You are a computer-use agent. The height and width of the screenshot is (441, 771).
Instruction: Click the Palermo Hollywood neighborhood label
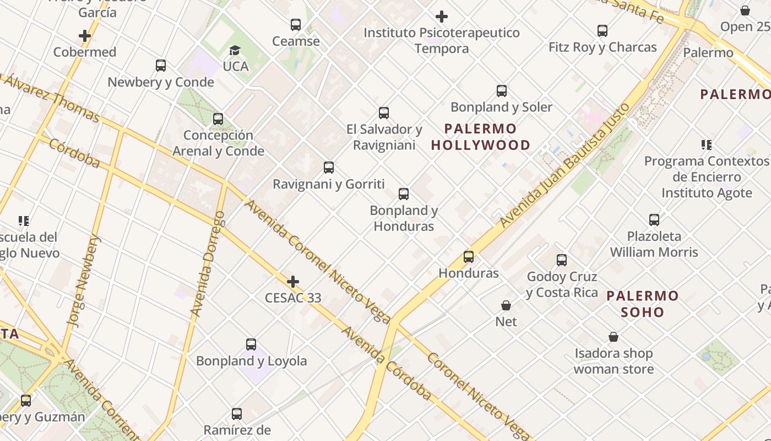coord(480,137)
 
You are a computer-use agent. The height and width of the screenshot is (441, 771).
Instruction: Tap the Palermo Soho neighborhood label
coord(642,304)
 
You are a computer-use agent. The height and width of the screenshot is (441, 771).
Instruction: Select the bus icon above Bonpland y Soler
coord(501,91)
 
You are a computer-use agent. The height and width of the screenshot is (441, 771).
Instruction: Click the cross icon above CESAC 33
coord(293,282)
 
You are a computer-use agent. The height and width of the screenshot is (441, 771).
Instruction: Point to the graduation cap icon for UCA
coord(235,51)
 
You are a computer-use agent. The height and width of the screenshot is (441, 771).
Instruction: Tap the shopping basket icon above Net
coord(506,305)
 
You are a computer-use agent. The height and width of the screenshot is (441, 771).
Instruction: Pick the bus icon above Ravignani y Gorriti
coord(329,168)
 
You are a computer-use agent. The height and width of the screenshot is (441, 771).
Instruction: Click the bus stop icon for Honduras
coord(468,257)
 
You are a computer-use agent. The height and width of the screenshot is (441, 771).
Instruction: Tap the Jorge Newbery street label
coord(84,280)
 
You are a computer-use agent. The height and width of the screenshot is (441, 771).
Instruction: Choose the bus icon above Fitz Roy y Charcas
coord(602,31)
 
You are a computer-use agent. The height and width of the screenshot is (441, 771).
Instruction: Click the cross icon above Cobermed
coord(84,36)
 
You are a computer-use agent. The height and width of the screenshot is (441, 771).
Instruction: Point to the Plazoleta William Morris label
coord(654,244)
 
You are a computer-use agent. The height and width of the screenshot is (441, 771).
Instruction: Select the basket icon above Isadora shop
coord(613,337)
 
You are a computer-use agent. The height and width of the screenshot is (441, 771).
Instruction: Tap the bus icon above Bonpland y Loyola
coord(251,345)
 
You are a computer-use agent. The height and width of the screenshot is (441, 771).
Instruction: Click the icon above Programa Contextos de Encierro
coord(706,145)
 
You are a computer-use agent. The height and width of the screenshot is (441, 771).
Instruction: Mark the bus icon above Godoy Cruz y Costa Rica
coord(561,260)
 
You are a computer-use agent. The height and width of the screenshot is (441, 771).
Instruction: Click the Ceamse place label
coord(296,41)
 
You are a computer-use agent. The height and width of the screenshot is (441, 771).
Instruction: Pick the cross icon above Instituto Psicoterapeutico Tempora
coord(441,17)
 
